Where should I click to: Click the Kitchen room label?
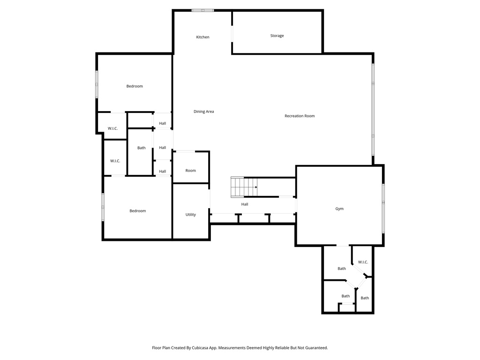click(202, 37)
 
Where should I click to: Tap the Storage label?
click(277, 36)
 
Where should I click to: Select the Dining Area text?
click(203, 112)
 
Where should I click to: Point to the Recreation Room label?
click(300, 116)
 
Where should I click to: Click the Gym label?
click(339, 209)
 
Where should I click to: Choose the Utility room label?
click(190, 215)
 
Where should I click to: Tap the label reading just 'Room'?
click(190, 171)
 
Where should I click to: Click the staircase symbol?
click(244, 187)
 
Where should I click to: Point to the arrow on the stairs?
click(255, 187)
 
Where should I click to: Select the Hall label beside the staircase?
click(245, 204)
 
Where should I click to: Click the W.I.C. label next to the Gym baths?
click(363, 262)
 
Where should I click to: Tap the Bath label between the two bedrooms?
click(141, 148)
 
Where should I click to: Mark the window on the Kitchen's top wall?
click(202, 10)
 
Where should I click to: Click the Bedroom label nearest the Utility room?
click(137, 211)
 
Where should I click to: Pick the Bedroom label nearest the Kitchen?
click(135, 86)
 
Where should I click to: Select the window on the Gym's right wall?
click(383, 208)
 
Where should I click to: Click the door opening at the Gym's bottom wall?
click(343, 245)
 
